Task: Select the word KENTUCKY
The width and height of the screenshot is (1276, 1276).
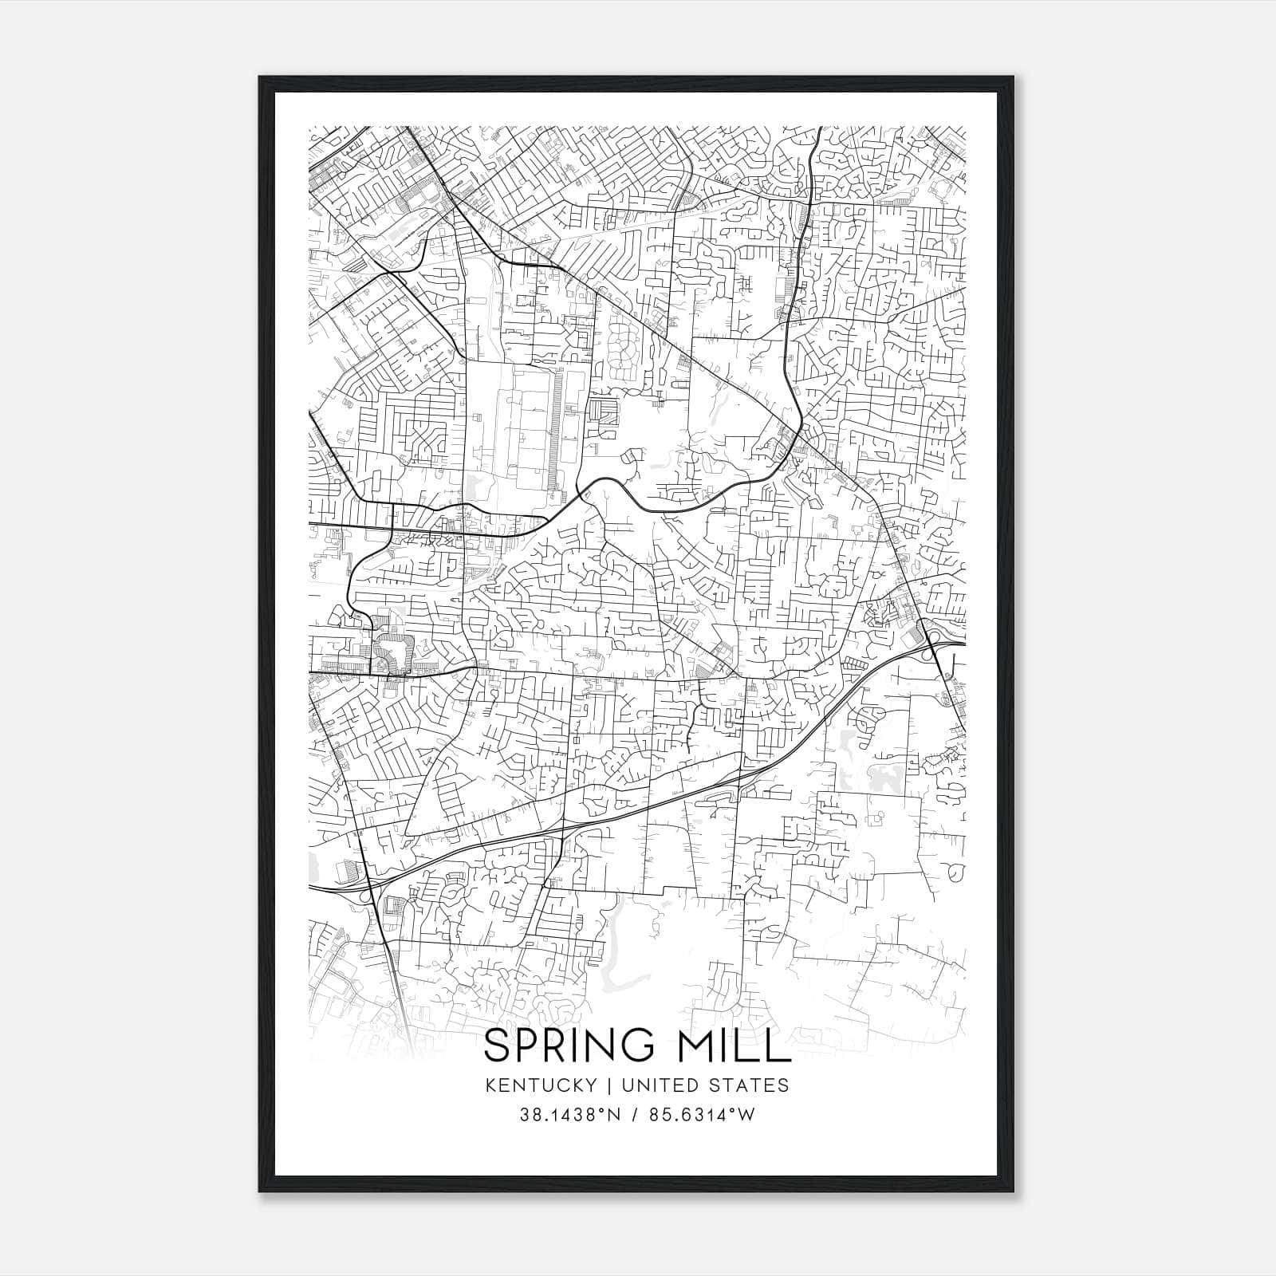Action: (x=539, y=1085)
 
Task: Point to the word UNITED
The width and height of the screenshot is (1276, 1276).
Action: (x=649, y=1085)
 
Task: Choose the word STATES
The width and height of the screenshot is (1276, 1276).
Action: (x=749, y=1085)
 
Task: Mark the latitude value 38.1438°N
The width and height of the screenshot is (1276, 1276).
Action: (x=569, y=1115)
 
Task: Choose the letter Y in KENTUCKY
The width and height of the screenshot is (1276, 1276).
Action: (x=590, y=1085)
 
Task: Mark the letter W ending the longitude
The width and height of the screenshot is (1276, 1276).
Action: (x=746, y=1115)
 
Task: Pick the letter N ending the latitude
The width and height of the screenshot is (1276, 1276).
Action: (x=613, y=1115)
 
